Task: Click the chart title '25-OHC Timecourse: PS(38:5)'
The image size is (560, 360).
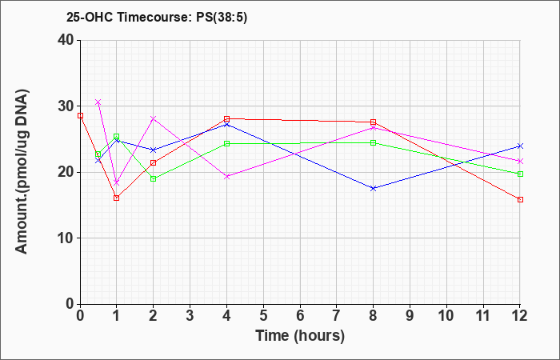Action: [157, 18]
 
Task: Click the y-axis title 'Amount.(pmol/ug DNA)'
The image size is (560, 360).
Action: [22, 171]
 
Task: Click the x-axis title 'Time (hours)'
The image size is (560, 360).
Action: [300, 336]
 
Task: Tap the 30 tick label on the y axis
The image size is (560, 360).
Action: [66, 106]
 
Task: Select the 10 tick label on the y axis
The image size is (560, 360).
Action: [66, 238]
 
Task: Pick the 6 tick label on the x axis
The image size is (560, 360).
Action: [300, 316]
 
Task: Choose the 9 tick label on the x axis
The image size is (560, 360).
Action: [410, 316]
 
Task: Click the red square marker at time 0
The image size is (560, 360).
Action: [80, 116]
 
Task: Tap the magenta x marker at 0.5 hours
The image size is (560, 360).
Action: [98, 102]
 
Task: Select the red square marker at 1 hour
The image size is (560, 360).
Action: [117, 198]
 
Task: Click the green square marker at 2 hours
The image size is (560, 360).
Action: [154, 178]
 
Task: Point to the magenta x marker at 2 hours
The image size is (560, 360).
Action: [154, 118]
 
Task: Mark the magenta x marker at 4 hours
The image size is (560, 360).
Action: [226, 177]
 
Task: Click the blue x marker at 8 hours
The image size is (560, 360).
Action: [374, 188]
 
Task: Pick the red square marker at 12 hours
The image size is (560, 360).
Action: [520, 200]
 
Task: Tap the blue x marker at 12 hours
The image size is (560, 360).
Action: [520, 146]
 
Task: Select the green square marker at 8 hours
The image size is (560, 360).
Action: [374, 143]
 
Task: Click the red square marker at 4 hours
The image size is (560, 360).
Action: [226, 118]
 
